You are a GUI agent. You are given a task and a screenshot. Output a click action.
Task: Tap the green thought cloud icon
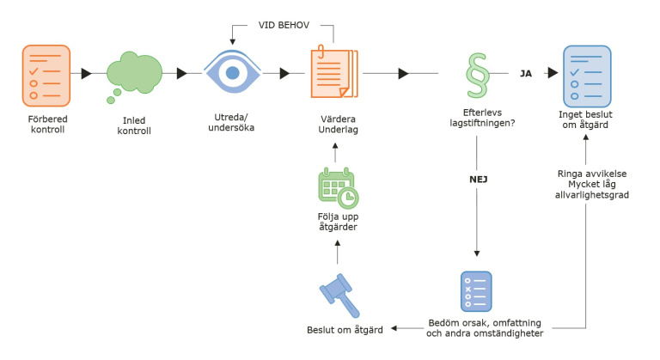click(134, 72)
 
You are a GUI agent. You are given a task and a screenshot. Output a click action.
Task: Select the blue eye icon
click(231, 72)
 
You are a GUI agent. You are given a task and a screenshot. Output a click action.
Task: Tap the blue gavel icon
click(338, 294)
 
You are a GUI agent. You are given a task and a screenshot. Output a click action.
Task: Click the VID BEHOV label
click(284, 25)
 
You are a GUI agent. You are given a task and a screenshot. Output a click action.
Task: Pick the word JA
click(526, 74)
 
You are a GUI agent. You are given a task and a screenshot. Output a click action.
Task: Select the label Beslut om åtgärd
click(338, 330)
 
